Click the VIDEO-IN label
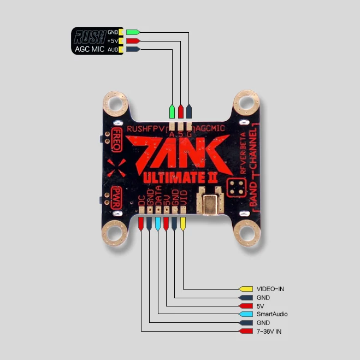[270, 288]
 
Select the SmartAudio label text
[272, 314]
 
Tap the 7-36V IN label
[269, 331]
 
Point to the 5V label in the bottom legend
[260, 306]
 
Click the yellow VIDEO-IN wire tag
[246, 288]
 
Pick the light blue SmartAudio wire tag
[246, 314]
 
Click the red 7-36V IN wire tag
[246, 331]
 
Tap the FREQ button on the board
[116, 139]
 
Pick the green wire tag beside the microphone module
[133, 32]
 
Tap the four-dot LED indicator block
[236, 186]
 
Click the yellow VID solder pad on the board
[183, 223]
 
